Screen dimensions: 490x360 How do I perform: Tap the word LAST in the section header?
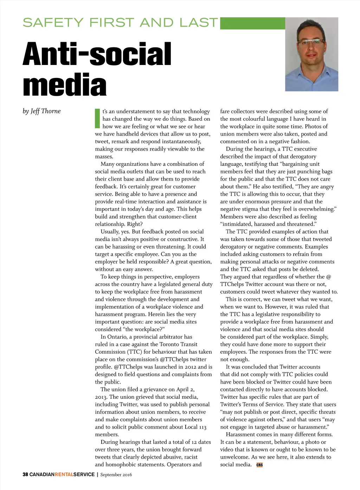(x=199, y=23)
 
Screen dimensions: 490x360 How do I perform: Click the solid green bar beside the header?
(x=252, y=23)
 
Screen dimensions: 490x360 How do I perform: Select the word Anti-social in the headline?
(x=97, y=54)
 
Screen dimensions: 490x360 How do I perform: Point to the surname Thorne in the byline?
(x=51, y=111)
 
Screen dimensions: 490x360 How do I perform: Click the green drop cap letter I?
(x=97, y=118)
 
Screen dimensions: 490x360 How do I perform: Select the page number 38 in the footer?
(x=25, y=475)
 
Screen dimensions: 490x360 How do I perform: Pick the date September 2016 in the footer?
(x=116, y=475)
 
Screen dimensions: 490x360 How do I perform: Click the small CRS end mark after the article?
(x=259, y=465)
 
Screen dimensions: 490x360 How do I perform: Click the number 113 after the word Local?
(x=202, y=427)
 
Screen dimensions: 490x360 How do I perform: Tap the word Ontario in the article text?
(x=121, y=337)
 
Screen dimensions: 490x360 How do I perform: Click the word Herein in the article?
(x=156, y=314)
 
